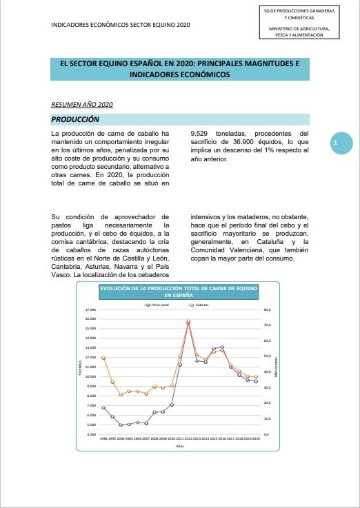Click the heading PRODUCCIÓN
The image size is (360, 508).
coord(75,120)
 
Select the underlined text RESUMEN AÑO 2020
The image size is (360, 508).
coord(82,105)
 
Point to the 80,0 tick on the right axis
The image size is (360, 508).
coord(268,309)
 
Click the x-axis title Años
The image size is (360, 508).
coord(180,445)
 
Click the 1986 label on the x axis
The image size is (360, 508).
coord(103,438)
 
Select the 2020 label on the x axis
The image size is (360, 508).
coord(256,438)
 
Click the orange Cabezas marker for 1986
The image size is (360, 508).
coord(103,358)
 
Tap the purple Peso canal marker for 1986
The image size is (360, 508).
coord(103,407)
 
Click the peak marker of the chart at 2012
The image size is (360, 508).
coord(188,321)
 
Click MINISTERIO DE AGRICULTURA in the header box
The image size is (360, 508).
coord(299,28)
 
